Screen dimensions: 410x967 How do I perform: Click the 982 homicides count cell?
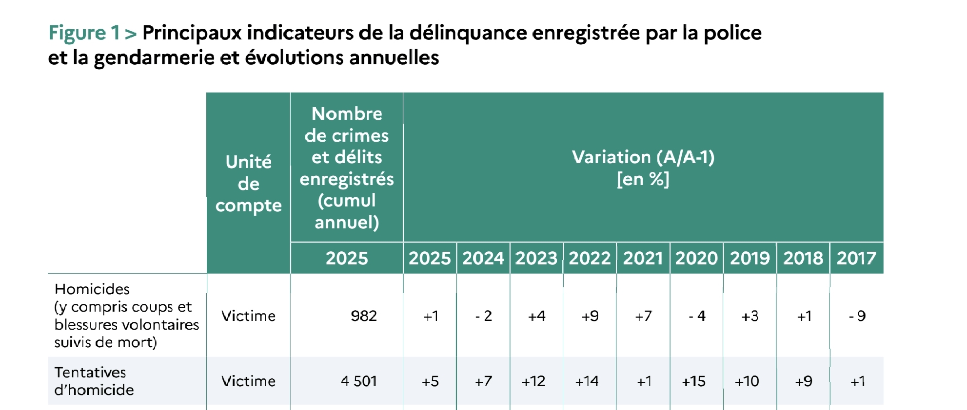(363, 316)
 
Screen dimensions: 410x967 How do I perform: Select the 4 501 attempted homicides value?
(359, 381)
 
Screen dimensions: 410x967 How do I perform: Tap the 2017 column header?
(856, 258)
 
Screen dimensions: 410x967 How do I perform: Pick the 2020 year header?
(696, 258)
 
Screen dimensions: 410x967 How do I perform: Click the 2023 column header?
(536, 258)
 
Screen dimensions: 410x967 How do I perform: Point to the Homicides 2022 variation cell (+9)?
(590, 316)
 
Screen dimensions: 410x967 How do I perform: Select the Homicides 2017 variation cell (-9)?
(857, 316)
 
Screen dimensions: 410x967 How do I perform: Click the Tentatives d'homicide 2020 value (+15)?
(693, 381)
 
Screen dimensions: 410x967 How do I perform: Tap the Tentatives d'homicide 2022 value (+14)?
(587, 381)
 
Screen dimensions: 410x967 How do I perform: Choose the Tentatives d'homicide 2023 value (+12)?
(533, 381)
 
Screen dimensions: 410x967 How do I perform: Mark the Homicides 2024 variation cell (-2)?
(483, 316)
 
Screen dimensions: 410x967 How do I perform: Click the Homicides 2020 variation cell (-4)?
(697, 316)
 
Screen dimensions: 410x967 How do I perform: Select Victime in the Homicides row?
(248, 316)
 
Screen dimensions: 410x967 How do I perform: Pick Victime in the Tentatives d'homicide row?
(248, 381)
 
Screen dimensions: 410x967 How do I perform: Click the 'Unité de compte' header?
(248, 184)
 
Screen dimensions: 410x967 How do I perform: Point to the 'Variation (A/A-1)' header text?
(643, 157)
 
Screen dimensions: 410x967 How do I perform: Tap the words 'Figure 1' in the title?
(84, 33)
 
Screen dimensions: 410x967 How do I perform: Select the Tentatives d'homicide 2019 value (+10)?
(747, 381)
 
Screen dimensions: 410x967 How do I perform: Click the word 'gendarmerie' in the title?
(154, 58)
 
